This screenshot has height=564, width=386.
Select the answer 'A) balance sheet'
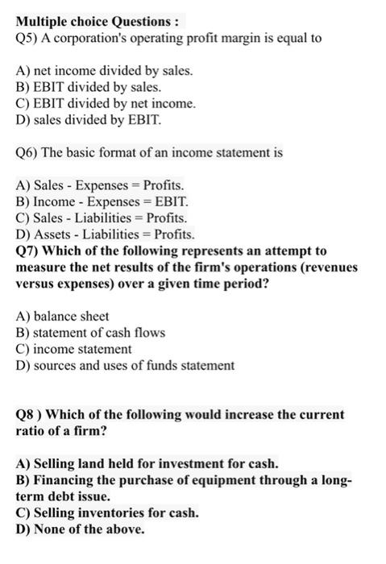point(63,317)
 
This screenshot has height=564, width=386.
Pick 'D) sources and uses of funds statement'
point(126,366)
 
